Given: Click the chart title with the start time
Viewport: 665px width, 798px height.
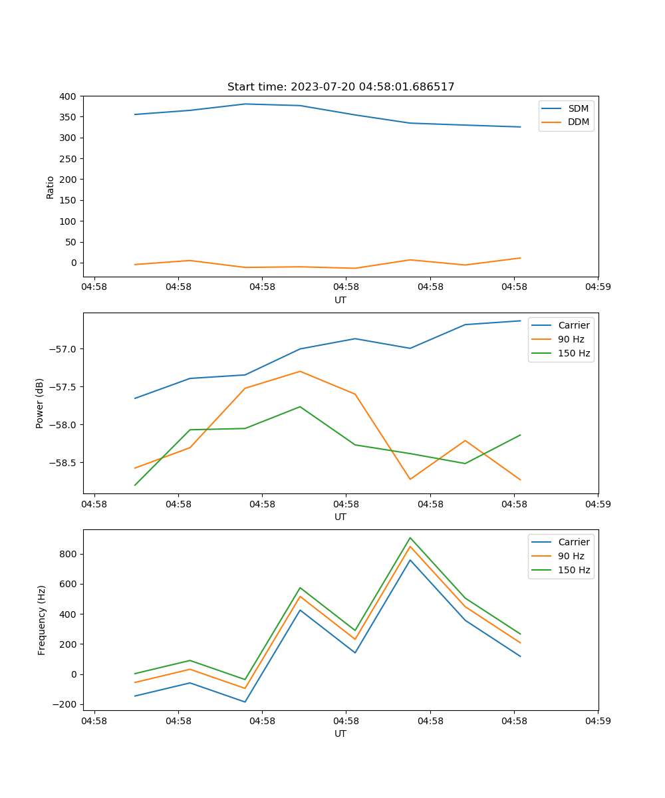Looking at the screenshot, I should (340, 87).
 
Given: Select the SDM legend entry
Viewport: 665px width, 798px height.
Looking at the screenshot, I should (578, 108).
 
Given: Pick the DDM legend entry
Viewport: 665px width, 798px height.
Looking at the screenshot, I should (578, 122).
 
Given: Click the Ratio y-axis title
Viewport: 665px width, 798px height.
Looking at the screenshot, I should (50, 187).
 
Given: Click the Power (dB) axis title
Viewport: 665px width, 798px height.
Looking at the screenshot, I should (40, 403).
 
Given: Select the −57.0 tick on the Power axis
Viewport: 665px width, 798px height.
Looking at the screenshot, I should (63, 349).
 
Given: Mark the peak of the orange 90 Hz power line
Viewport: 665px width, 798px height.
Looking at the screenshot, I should (300, 371).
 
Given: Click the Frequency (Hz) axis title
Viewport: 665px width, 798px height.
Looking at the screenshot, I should (42, 620).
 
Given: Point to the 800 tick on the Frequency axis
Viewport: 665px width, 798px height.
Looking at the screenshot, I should (68, 554).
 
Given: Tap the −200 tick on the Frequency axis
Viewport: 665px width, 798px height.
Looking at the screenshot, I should (66, 704).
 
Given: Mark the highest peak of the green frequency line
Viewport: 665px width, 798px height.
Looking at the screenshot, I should (410, 537).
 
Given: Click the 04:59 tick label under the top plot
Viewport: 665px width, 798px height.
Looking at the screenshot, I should (598, 287).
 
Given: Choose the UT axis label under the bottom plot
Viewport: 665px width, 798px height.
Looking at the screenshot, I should (340, 733).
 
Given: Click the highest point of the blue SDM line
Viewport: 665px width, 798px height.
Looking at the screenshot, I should (245, 104).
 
